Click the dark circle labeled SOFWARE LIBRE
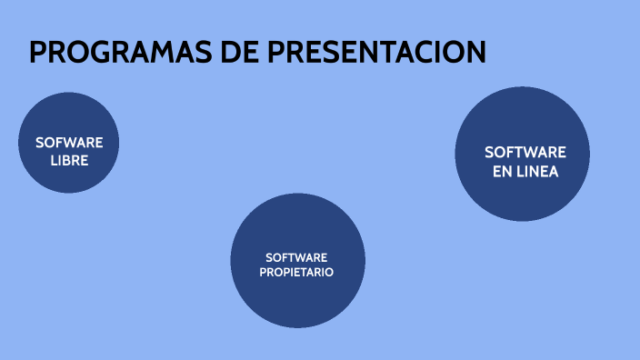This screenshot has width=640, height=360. pos(69,143)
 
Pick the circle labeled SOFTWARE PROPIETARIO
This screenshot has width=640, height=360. pos(298,260)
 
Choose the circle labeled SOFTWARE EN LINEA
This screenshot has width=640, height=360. pos(523,155)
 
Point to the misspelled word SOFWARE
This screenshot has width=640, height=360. pos(69,143)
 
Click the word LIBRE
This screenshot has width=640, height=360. pos(69,160)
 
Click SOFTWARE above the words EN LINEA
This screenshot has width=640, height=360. pos(525,152)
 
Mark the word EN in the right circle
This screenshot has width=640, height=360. pos(503,171)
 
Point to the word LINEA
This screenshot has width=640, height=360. pos(537,171)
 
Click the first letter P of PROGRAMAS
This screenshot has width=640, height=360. pos(38,52)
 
